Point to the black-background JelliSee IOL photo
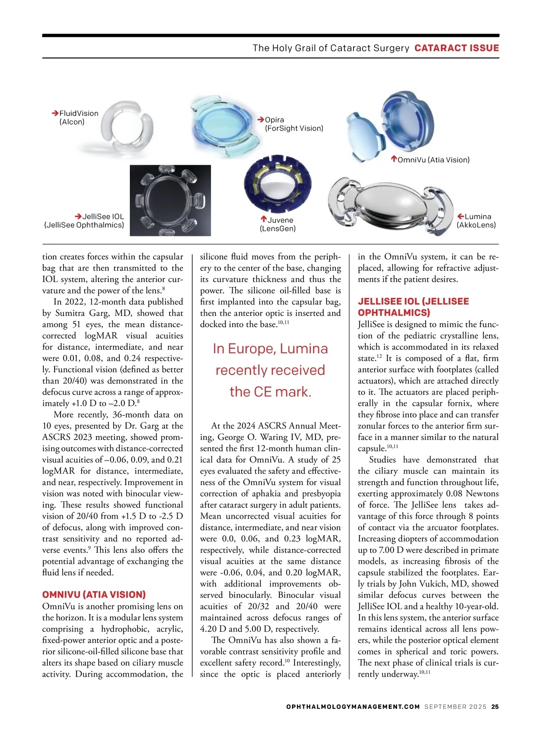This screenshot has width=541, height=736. (x=170, y=200)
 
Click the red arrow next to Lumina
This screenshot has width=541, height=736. (x=460, y=217)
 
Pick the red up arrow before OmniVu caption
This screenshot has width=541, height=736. (x=394, y=159)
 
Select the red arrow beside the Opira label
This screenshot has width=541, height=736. (x=261, y=120)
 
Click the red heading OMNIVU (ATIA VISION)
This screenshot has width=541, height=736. (x=94, y=595)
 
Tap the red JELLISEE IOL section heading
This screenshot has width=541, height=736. (x=413, y=307)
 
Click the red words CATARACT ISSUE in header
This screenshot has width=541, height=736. (x=456, y=48)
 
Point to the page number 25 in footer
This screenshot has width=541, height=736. (x=495, y=707)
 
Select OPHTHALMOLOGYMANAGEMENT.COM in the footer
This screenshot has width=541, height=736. (x=353, y=707)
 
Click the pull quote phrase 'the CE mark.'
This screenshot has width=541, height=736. (x=270, y=392)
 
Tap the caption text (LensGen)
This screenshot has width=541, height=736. (x=278, y=229)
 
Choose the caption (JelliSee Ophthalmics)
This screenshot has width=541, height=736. (x=84, y=225)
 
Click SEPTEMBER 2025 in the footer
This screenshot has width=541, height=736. (x=455, y=707)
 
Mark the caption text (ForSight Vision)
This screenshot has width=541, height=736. (x=294, y=128)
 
